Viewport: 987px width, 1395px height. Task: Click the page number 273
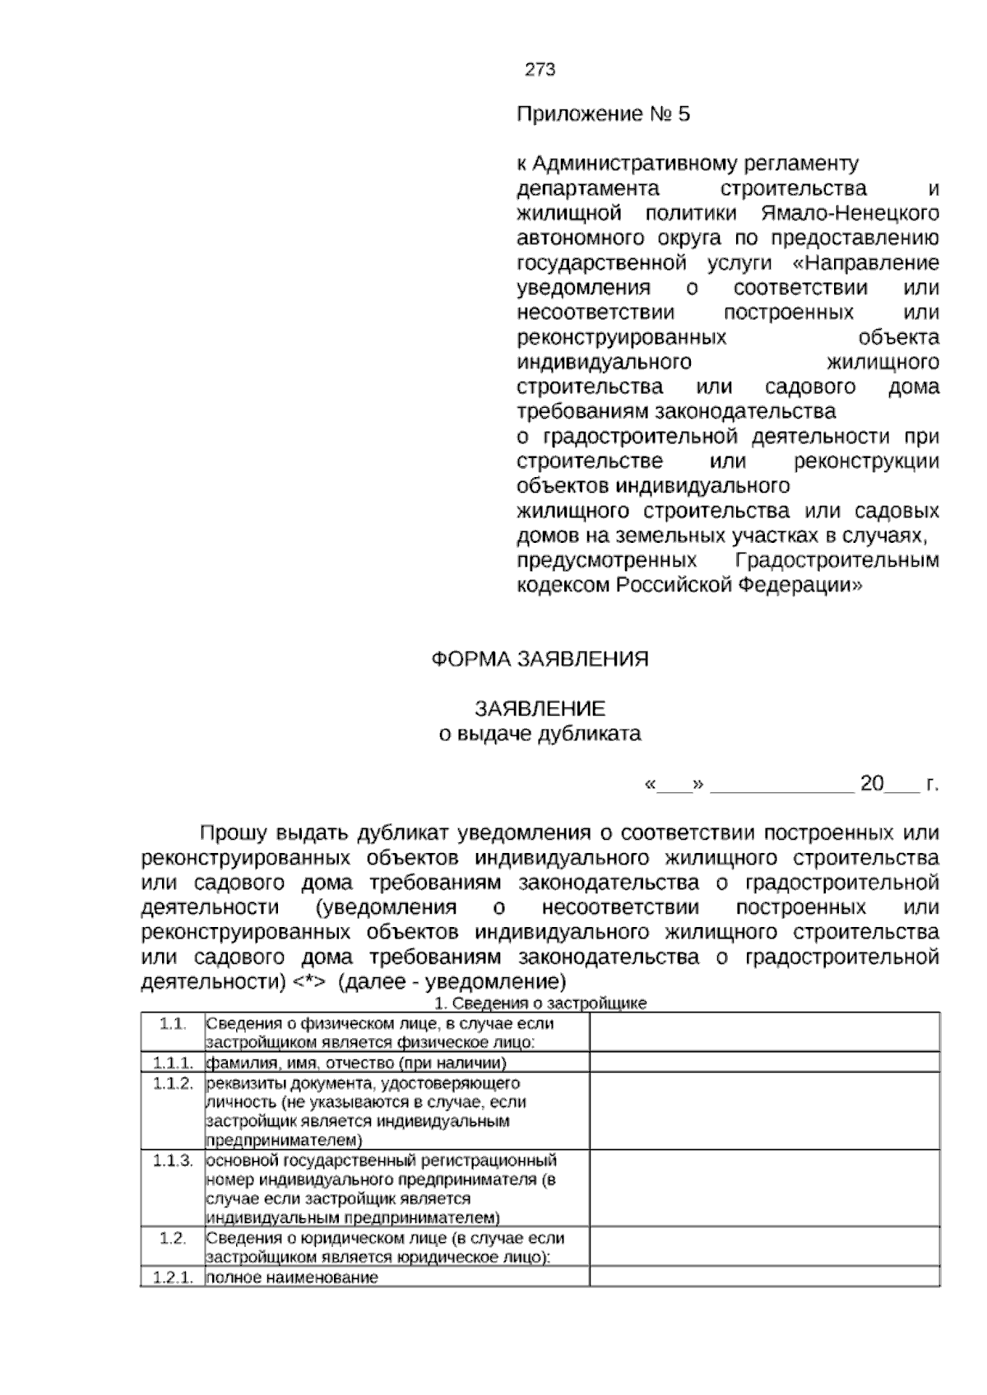pyautogui.click(x=540, y=70)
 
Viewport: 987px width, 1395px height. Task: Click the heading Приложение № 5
pyautogui.click(x=603, y=114)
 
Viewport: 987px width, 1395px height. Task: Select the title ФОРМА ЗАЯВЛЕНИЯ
pyautogui.click(x=540, y=659)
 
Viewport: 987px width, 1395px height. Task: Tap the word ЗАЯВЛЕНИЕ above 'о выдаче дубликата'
pyautogui.click(x=540, y=708)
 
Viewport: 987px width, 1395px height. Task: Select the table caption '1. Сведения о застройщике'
pyautogui.click(x=540, y=1003)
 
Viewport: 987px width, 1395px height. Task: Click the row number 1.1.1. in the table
pyautogui.click(x=173, y=1062)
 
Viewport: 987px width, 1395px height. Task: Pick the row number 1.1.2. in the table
pyautogui.click(x=173, y=1083)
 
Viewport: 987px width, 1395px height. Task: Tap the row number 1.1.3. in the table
pyautogui.click(x=173, y=1161)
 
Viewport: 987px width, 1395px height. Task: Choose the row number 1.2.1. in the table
pyautogui.click(x=173, y=1277)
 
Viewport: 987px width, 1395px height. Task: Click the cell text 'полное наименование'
pyautogui.click(x=292, y=1277)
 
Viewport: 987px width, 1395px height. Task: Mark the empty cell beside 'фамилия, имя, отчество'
pyautogui.click(x=764, y=1062)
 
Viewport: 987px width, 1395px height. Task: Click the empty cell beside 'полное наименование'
pyautogui.click(x=764, y=1277)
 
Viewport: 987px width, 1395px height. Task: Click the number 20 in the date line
pyautogui.click(x=872, y=783)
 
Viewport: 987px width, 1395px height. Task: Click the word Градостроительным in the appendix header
pyautogui.click(x=836, y=561)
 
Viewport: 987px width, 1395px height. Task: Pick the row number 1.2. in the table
pyautogui.click(x=173, y=1238)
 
